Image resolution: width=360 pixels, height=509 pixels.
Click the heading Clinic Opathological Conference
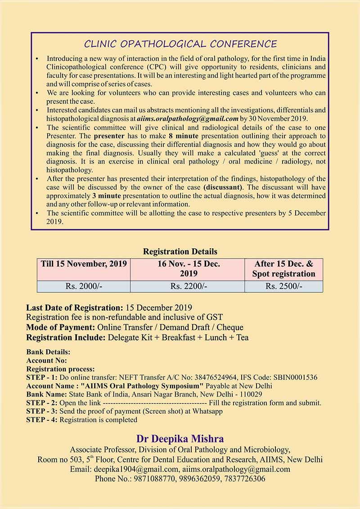click(180, 44)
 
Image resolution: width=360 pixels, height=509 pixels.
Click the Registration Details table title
click(180, 251)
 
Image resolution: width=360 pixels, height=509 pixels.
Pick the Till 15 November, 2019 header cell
click(84, 264)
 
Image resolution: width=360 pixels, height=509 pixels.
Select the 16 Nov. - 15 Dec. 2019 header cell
click(189, 269)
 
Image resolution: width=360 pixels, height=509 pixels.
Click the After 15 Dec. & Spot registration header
click(283, 269)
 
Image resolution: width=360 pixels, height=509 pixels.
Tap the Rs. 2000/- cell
click(84, 286)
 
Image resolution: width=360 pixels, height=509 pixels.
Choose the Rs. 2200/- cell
click(189, 286)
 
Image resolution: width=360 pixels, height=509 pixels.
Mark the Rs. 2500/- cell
click(283, 286)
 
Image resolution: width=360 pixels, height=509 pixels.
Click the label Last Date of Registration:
click(74, 308)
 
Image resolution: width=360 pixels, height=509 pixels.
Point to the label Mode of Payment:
click(60, 327)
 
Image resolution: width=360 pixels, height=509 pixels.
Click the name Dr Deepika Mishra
click(180, 438)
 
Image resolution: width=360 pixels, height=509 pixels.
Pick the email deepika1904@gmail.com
click(133, 469)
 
